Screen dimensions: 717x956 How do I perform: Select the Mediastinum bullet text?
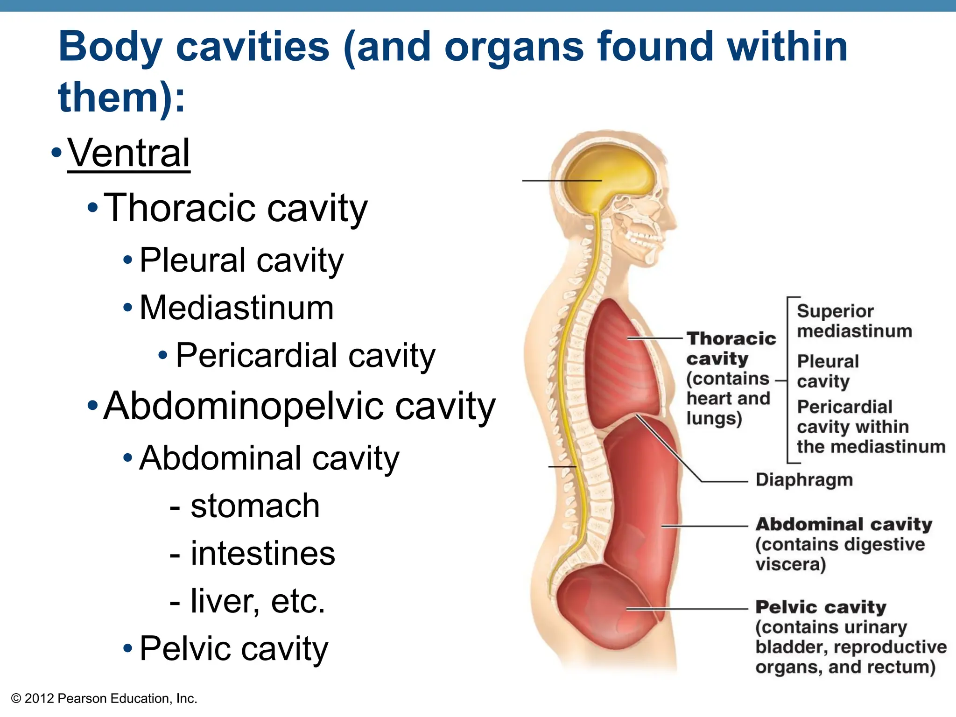pos(237,308)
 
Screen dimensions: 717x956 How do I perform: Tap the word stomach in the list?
pos(255,506)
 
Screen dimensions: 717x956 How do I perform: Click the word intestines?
pos(263,554)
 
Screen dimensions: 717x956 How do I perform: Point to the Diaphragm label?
pos(804,480)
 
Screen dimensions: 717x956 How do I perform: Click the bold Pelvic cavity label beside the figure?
pos(821,607)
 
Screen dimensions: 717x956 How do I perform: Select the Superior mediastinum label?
pos(854,321)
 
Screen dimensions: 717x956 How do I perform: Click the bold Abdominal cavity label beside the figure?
pos(844,524)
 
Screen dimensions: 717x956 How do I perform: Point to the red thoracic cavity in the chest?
pos(621,364)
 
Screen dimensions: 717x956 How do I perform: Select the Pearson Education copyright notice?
pos(104,698)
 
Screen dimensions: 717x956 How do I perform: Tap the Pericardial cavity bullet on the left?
pos(305,356)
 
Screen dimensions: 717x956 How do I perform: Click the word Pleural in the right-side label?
pos(828,361)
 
